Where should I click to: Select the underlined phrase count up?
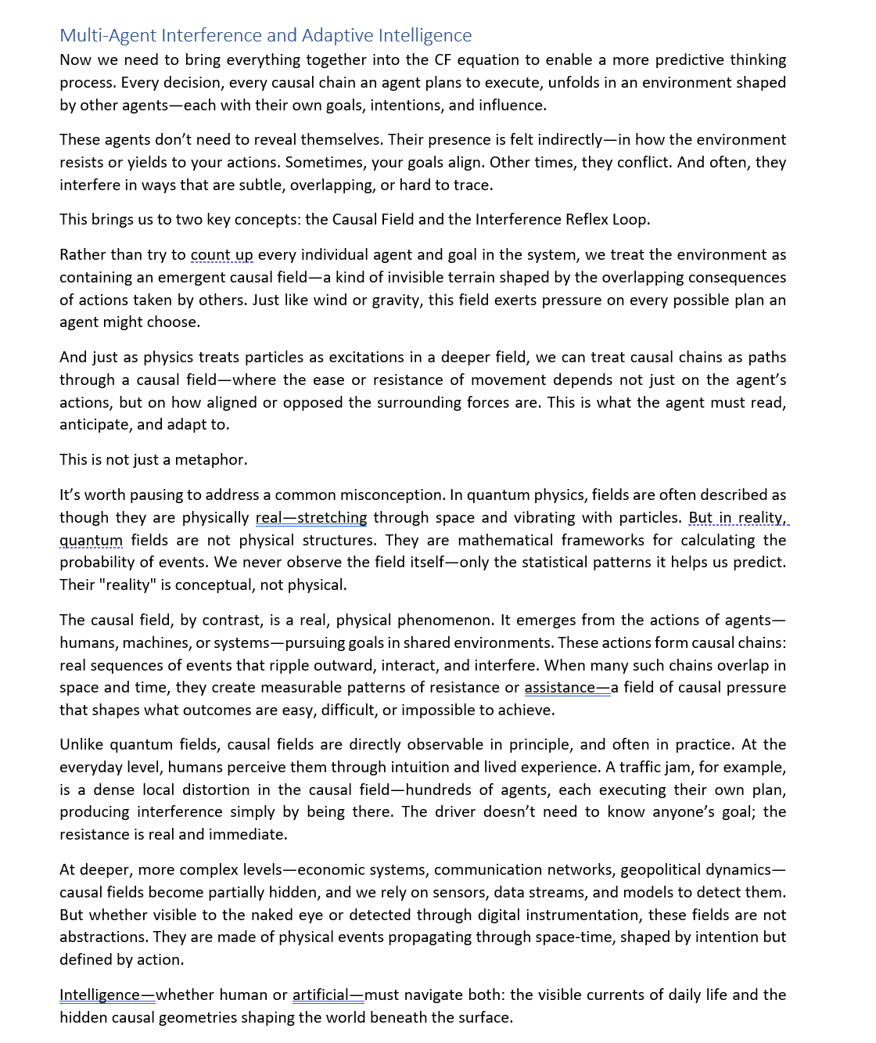222,255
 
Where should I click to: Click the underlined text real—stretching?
311,518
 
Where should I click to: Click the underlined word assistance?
559,688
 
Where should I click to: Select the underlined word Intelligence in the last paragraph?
99,995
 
